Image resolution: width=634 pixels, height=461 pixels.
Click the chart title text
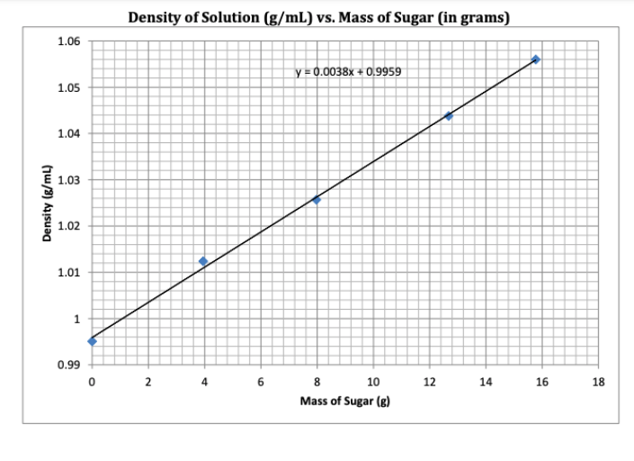(x=318, y=17)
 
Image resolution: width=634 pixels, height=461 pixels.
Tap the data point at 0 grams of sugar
(x=92, y=340)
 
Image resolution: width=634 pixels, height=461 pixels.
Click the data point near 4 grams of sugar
(x=203, y=261)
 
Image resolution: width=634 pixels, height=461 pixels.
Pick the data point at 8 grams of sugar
(x=317, y=200)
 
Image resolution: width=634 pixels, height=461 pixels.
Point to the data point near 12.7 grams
(x=449, y=116)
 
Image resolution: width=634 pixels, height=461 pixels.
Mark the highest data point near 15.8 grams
(x=536, y=59)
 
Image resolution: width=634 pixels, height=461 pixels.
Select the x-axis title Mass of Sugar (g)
(x=345, y=402)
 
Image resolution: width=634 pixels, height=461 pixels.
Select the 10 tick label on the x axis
(x=373, y=383)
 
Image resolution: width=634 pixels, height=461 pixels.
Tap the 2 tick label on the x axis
(x=148, y=383)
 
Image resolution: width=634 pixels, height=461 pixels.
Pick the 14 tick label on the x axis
(x=487, y=383)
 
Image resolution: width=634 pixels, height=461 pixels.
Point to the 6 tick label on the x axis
(x=261, y=383)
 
